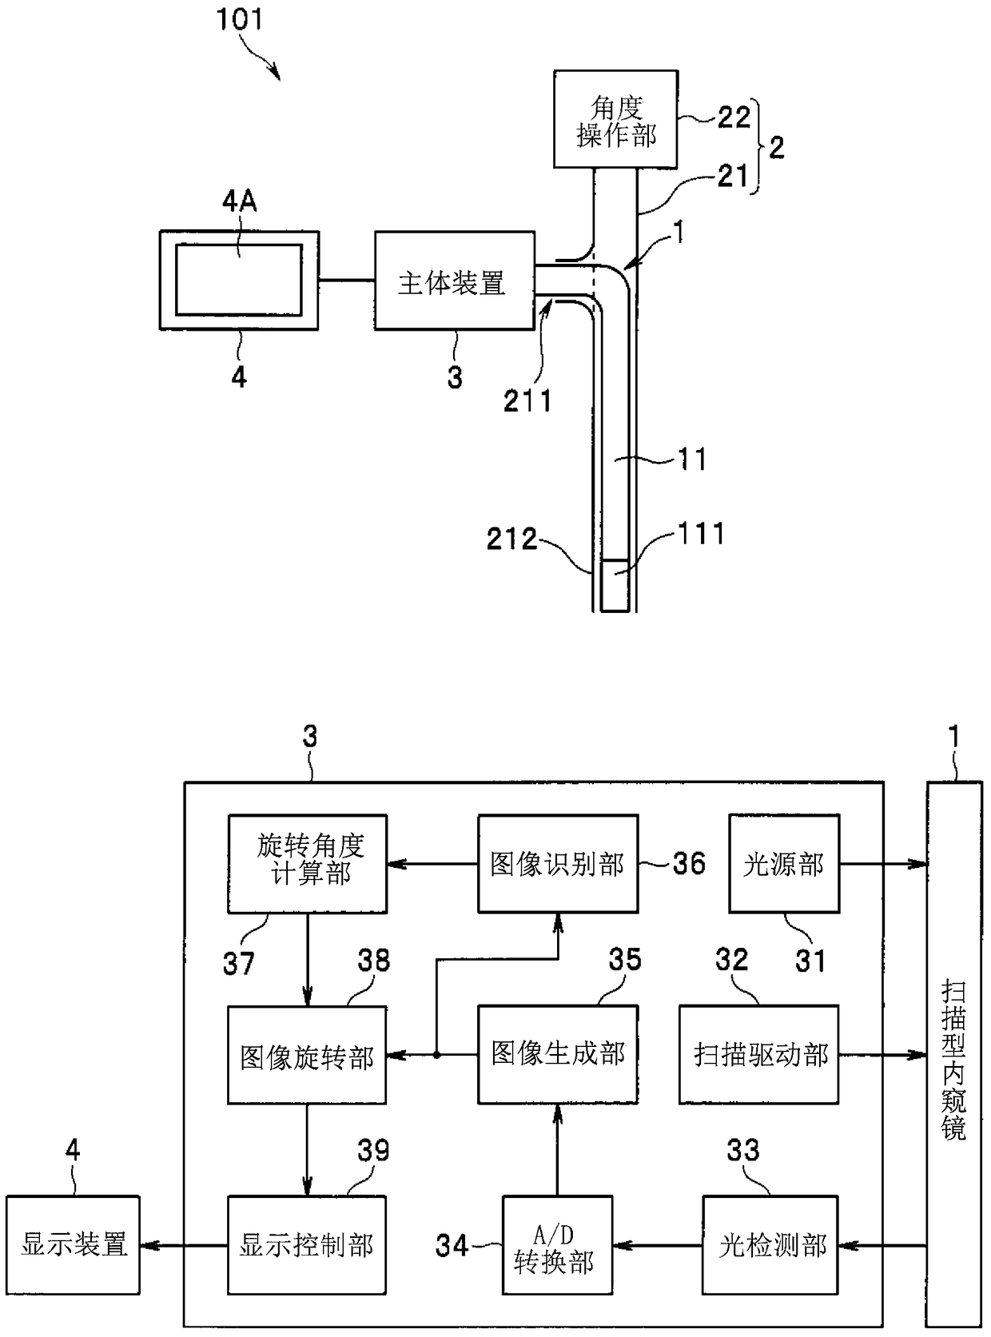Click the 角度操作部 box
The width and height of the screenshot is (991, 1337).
[x=615, y=119]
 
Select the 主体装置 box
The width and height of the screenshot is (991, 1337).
[x=455, y=281]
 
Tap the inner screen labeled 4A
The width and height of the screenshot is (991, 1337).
[x=239, y=280]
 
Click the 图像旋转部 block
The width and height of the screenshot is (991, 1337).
[x=307, y=1055]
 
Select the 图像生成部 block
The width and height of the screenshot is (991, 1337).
[x=558, y=1055]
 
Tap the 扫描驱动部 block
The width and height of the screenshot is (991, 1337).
[x=759, y=1055]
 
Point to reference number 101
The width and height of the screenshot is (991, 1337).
[x=239, y=19]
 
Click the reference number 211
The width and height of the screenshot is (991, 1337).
[x=527, y=401]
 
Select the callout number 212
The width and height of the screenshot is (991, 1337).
[x=511, y=539]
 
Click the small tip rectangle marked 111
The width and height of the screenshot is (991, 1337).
[x=615, y=586]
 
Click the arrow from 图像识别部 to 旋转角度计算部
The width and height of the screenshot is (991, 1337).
[x=432, y=865]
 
